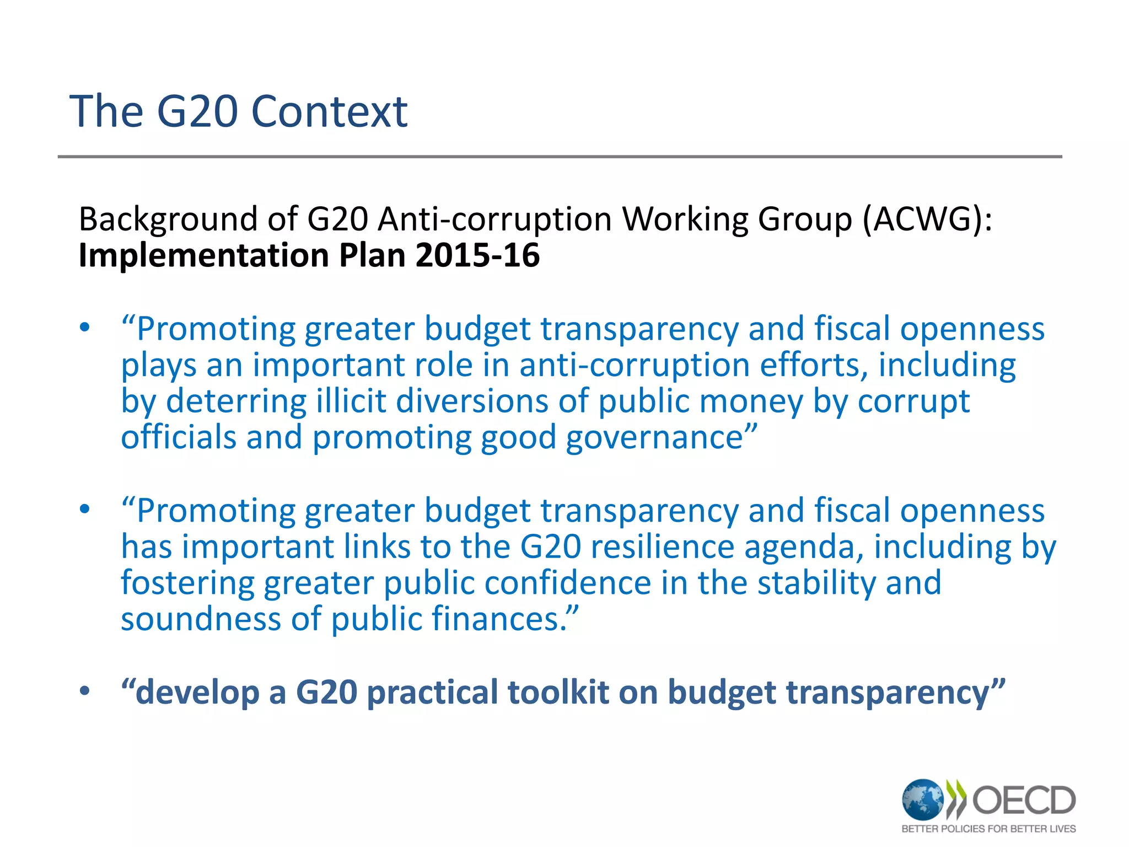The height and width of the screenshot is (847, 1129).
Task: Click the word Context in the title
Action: (x=329, y=112)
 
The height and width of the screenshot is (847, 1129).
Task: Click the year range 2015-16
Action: (x=477, y=255)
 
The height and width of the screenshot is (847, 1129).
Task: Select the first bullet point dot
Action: (x=84, y=328)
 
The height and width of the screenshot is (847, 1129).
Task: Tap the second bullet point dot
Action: (x=84, y=510)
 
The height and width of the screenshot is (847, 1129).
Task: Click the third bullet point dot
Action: (x=84, y=691)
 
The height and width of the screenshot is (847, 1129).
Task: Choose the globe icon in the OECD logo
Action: (x=922, y=799)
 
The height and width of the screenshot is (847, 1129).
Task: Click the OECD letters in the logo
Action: (x=1024, y=800)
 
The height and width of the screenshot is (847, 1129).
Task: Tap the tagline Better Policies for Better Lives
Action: (x=988, y=829)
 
